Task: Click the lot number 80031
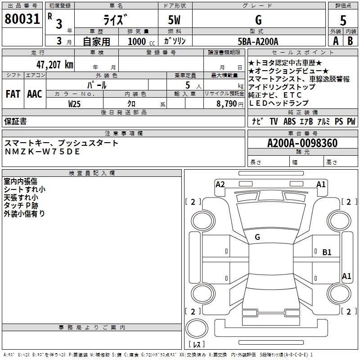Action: [x=22, y=18]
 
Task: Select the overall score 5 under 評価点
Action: [x=343, y=20]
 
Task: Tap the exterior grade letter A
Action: [x=336, y=41]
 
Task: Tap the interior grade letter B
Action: [x=350, y=41]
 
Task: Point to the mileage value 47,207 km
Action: [x=54, y=65]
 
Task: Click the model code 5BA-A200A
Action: [x=258, y=41]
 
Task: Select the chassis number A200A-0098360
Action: [x=302, y=143]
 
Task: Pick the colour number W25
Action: [x=74, y=104]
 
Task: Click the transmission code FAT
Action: [x=13, y=94]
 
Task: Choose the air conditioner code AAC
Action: [x=35, y=94]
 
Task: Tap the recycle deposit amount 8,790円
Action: [x=230, y=104]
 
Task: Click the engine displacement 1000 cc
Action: [x=141, y=41]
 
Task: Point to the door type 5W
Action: [x=174, y=20]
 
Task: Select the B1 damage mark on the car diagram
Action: [x=327, y=252]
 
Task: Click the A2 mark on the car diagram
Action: [x=220, y=184]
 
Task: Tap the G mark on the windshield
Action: [x=257, y=237]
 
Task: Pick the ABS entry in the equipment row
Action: [x=289, y=121]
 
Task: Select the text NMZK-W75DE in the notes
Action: [x=42, y=152]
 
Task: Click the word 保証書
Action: [x=15, y=121]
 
